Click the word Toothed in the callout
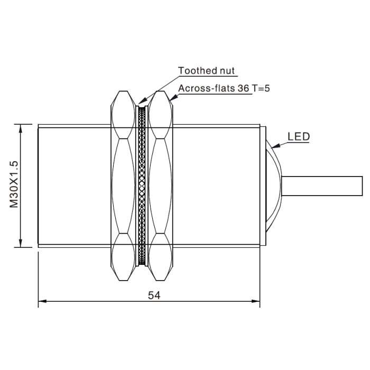click(x=197, y=70)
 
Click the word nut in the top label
click(x=227, y=71)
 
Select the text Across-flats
click(x=207, y=88)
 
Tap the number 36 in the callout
click(x=244, y=88)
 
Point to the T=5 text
click(x=261, y=88)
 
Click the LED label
click(x=299, y=136)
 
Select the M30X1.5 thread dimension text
click(x=14, y=184)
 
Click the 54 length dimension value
click(x=154, y=295)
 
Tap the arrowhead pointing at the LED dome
click(x=275, y=146)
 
